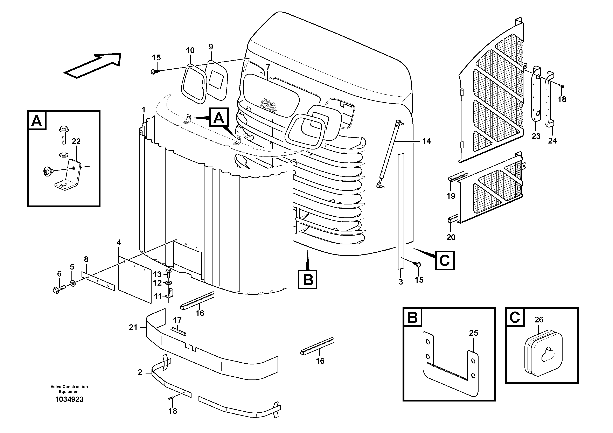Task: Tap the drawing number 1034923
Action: [x=69, y=400]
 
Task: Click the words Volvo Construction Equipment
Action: [x=69, y=389]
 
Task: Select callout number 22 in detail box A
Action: [x=76, y=141]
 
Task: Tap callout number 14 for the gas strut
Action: [x=427, y=141]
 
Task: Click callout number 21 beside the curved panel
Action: [x=133, y=327]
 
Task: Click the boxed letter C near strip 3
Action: [x=445, y=260]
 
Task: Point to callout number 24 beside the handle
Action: [x=552, y=141]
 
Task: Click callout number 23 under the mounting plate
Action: [x=536, y=137]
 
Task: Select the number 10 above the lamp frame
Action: [x=190, y=50]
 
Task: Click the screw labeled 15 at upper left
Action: [x=154, y=71]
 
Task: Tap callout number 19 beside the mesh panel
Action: [x=451, y=196]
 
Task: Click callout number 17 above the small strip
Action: [x=177, y=320]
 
